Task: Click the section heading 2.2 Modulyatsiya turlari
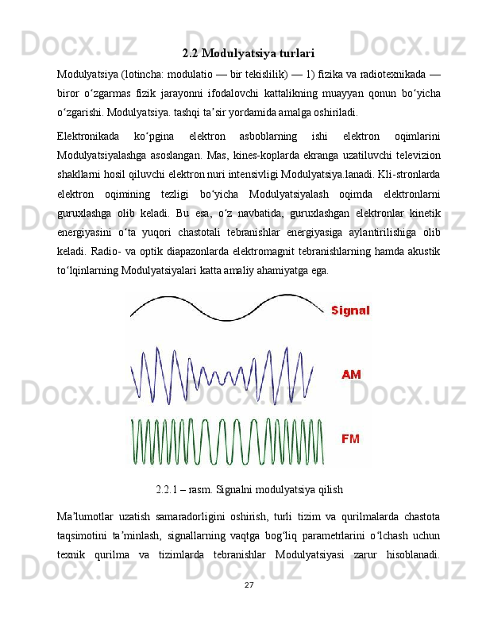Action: [x=248, y=54]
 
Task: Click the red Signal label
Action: [x=350, y=311]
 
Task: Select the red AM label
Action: [x=352, y=374]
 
